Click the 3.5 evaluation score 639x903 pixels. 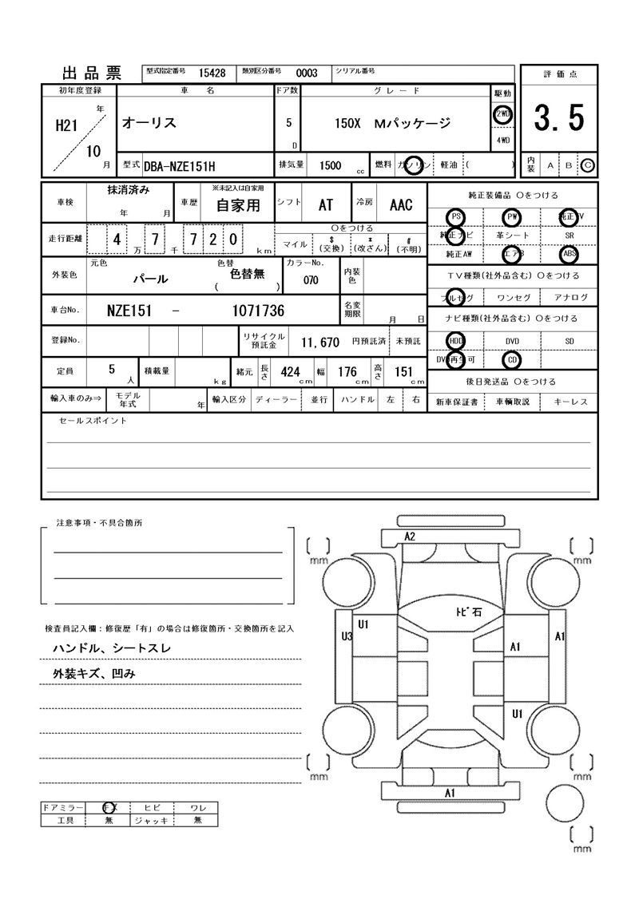coord(558,119)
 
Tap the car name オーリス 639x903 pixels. coord(149,123)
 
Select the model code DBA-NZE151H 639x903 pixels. coord(181,165)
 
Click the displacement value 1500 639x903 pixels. coord(330,165)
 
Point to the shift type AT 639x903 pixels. coord(326,205)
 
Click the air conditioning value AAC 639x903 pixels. coord(401,205)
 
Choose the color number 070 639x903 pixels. coord(312,280)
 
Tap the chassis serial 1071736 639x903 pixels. coord(257,310)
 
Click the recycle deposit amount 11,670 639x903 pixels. coord(320,342)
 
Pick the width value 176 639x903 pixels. coord(347,371)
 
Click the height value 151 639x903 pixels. coord(404,371)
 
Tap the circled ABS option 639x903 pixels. coord(569,255)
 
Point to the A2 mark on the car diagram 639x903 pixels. coord(410,537)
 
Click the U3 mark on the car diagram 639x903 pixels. coord(347,636)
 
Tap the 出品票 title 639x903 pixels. coord(92,73)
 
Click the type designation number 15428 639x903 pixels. coord(212,73)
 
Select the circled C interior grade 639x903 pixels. coord(588,165)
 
